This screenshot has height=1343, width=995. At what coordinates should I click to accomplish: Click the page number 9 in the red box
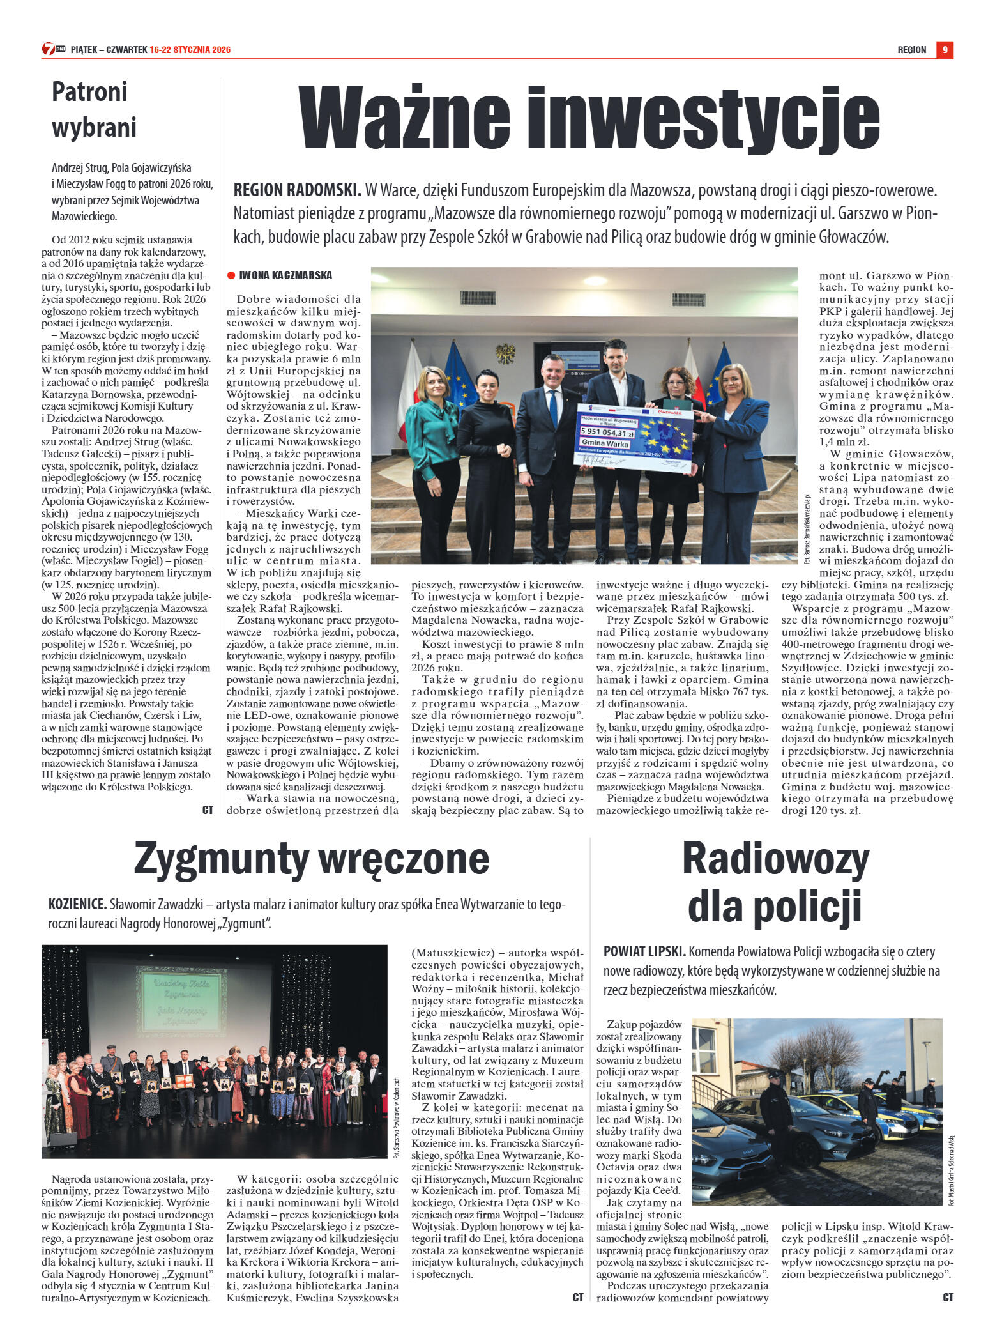945,50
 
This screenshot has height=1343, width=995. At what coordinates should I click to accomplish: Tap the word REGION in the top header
911,50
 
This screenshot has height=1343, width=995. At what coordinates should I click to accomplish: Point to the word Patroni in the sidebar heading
89,92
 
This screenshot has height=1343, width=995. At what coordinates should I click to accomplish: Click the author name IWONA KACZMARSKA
285,275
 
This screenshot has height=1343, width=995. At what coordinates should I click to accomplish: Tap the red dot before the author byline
231,275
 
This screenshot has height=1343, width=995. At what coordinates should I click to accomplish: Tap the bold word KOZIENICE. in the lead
77,905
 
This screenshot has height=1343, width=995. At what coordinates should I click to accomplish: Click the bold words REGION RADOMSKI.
297,190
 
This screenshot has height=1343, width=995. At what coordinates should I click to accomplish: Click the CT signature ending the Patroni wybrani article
208,810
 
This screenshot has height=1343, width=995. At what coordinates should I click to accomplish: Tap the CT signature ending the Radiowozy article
948,1298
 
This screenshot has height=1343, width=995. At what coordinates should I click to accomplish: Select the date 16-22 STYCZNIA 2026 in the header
190,50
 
